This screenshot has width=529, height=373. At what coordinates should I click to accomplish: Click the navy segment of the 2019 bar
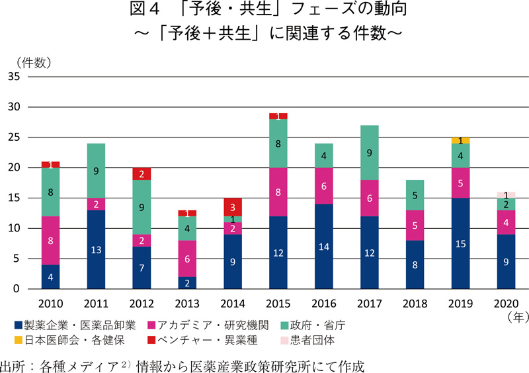tap(460, 243)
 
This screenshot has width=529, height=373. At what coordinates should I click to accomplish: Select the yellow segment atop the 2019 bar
tap(460, 140)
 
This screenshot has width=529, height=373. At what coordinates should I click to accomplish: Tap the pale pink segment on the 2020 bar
tap(506, 195)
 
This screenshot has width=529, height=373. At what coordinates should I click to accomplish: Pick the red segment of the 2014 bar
tap(233, 207)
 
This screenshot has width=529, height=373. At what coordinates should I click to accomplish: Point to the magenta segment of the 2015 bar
tap(278, 192)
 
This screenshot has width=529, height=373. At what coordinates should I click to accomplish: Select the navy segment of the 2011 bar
tap(96, 249)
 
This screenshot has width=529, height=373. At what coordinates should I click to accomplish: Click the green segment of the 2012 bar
tap(142, 207)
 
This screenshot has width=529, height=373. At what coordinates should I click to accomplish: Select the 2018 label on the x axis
tap(415, 304)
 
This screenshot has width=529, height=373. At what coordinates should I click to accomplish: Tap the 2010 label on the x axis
tap(50, 304)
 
